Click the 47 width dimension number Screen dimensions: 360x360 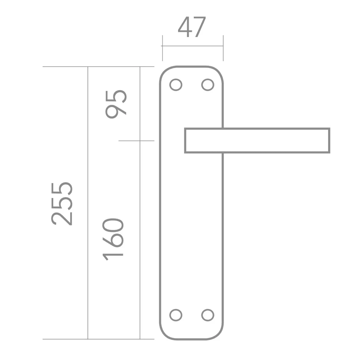(192, 27)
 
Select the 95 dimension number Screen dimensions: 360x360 (116, 104)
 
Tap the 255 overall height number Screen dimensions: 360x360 (62, 204)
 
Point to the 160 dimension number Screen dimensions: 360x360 (113, 239)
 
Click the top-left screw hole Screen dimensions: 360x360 (176, 85)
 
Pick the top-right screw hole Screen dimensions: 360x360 (208, 85)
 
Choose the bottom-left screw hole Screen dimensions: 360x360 (176, 315)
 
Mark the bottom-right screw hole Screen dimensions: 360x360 (208, 315)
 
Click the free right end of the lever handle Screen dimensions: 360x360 (329, 141)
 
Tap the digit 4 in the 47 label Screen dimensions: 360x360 (185, 27)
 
